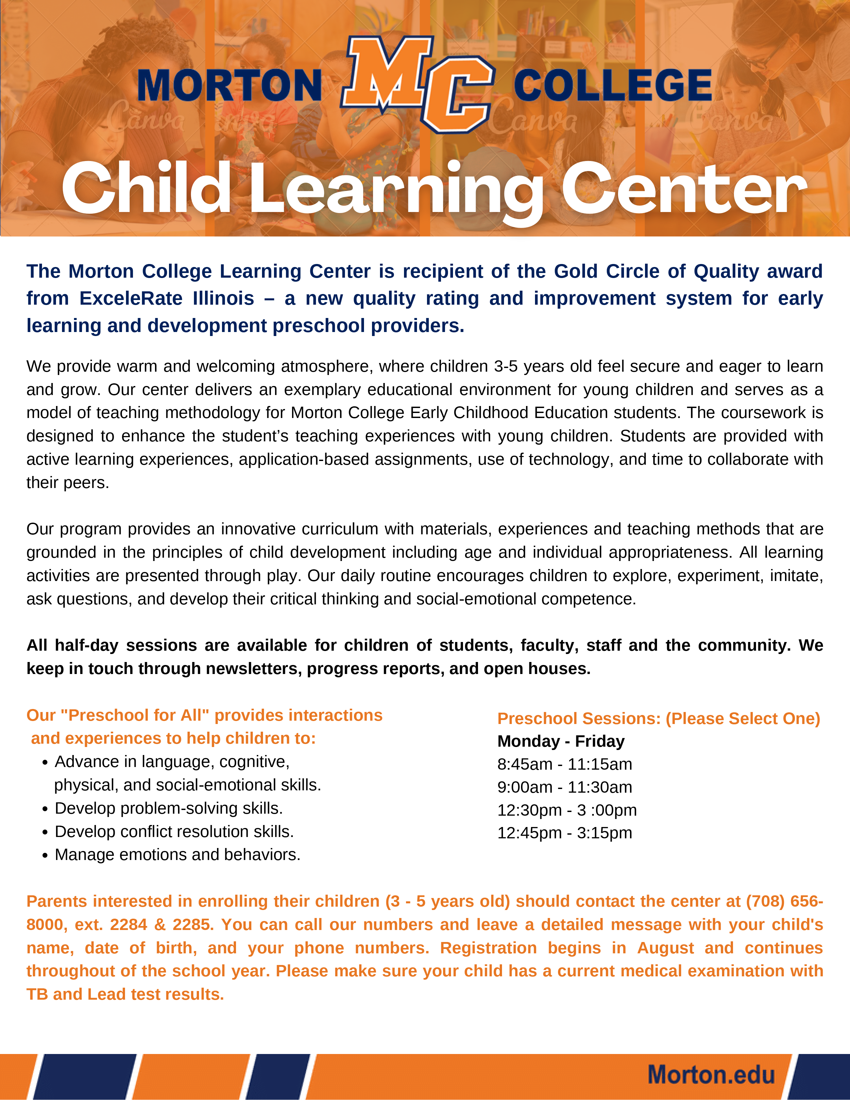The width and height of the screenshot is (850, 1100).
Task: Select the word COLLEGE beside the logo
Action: coord(612,86)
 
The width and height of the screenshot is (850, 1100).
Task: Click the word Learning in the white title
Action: coord(395,190)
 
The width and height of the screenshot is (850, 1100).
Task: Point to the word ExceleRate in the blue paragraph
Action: coord(131,298)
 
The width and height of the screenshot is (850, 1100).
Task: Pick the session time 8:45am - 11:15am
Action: coord(564,764)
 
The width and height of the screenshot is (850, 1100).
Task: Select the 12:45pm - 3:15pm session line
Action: coord(564,833)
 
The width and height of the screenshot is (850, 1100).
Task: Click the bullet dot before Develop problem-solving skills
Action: coord(45,809)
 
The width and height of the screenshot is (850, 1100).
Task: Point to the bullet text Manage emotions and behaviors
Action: coord(177,855)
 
